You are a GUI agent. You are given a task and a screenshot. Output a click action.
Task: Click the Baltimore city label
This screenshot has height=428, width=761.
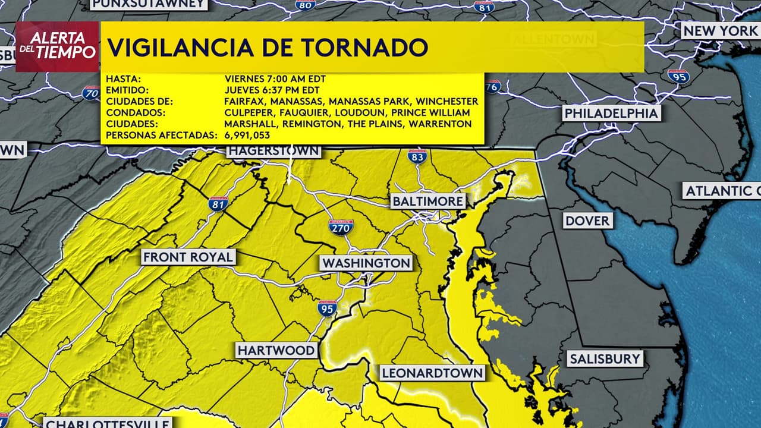[x=428, y=202]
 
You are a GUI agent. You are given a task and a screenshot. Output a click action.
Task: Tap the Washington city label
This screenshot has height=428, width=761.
[x=366, y=263]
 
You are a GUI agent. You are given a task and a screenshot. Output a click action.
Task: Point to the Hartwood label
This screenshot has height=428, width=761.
[x=276, y=350]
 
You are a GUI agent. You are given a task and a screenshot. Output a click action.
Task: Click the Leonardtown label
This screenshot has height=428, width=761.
[x=432, y=373]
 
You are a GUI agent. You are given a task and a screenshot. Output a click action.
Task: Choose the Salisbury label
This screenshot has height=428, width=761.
[x=605, y=358]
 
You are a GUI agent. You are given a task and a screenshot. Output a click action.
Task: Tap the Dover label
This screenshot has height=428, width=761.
[x=587, y=221]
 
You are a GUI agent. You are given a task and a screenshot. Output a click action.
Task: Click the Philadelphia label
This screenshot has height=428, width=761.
[x=611, y=113]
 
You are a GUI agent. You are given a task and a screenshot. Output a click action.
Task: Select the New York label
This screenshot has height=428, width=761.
[x=720, y=31]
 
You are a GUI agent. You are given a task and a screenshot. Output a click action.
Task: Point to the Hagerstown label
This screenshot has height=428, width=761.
[x=274, y=151]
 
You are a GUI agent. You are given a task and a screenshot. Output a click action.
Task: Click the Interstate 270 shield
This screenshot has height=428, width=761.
[x=341, y=226]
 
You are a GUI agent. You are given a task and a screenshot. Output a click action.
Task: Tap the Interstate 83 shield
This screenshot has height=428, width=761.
[x=417, y=157]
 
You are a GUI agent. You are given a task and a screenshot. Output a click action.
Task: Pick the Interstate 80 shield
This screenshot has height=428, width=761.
[x=305, y=5]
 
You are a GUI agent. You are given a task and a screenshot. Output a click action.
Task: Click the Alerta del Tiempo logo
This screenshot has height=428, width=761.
[x=57, y=46]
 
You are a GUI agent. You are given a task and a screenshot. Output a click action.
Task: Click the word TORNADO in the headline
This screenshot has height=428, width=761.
[x=357, y=48]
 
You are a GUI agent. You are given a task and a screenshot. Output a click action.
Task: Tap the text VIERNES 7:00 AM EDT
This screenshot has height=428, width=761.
[x=275, y=78]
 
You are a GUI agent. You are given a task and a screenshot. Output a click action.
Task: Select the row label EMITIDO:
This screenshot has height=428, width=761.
[x=127, y=90]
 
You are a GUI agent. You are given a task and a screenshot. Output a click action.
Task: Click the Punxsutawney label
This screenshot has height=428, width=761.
[x=149, y=4]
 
